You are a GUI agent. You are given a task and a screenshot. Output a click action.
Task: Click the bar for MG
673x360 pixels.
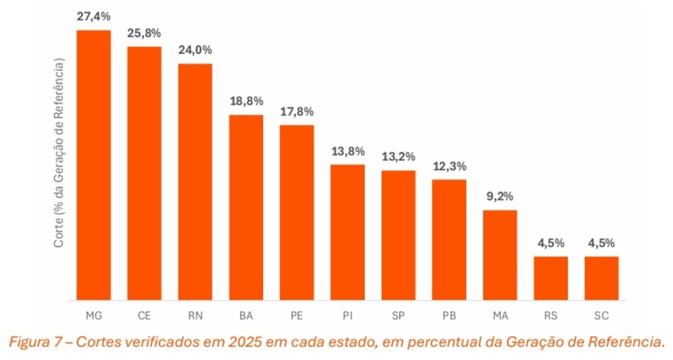[93, 164]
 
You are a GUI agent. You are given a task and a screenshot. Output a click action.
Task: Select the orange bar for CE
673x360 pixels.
[144, 173]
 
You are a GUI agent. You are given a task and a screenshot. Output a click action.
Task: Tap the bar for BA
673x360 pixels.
[246, 207]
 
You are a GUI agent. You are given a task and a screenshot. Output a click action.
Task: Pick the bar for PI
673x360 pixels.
[347, 232]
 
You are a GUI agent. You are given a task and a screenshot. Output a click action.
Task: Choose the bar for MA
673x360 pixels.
[499, 254]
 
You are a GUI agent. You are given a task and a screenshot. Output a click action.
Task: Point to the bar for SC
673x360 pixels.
[601, 278]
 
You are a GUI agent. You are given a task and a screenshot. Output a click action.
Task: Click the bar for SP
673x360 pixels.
[398, 235]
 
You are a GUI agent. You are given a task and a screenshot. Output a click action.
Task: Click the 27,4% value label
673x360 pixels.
[93, 16]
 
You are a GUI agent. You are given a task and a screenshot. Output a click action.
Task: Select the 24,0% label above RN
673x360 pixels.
[195, 50]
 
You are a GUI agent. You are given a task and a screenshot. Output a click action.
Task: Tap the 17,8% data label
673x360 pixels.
[297, 111]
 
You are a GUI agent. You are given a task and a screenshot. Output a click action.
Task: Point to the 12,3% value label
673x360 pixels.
[449, 166]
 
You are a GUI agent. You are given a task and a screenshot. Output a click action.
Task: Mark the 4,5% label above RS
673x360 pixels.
[551, 243]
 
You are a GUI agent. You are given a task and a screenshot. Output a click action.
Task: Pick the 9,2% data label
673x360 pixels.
[499, 196]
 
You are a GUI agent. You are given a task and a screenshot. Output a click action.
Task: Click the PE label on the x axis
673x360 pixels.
[297, 315]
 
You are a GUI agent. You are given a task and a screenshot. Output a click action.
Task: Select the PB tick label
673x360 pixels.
[449, 315]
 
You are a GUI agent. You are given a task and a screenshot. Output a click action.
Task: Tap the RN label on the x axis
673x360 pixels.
[195, 315]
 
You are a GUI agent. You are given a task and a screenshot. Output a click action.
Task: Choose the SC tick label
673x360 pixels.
[601, 315]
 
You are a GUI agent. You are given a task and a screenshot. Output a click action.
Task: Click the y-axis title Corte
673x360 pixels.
[59, 234]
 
